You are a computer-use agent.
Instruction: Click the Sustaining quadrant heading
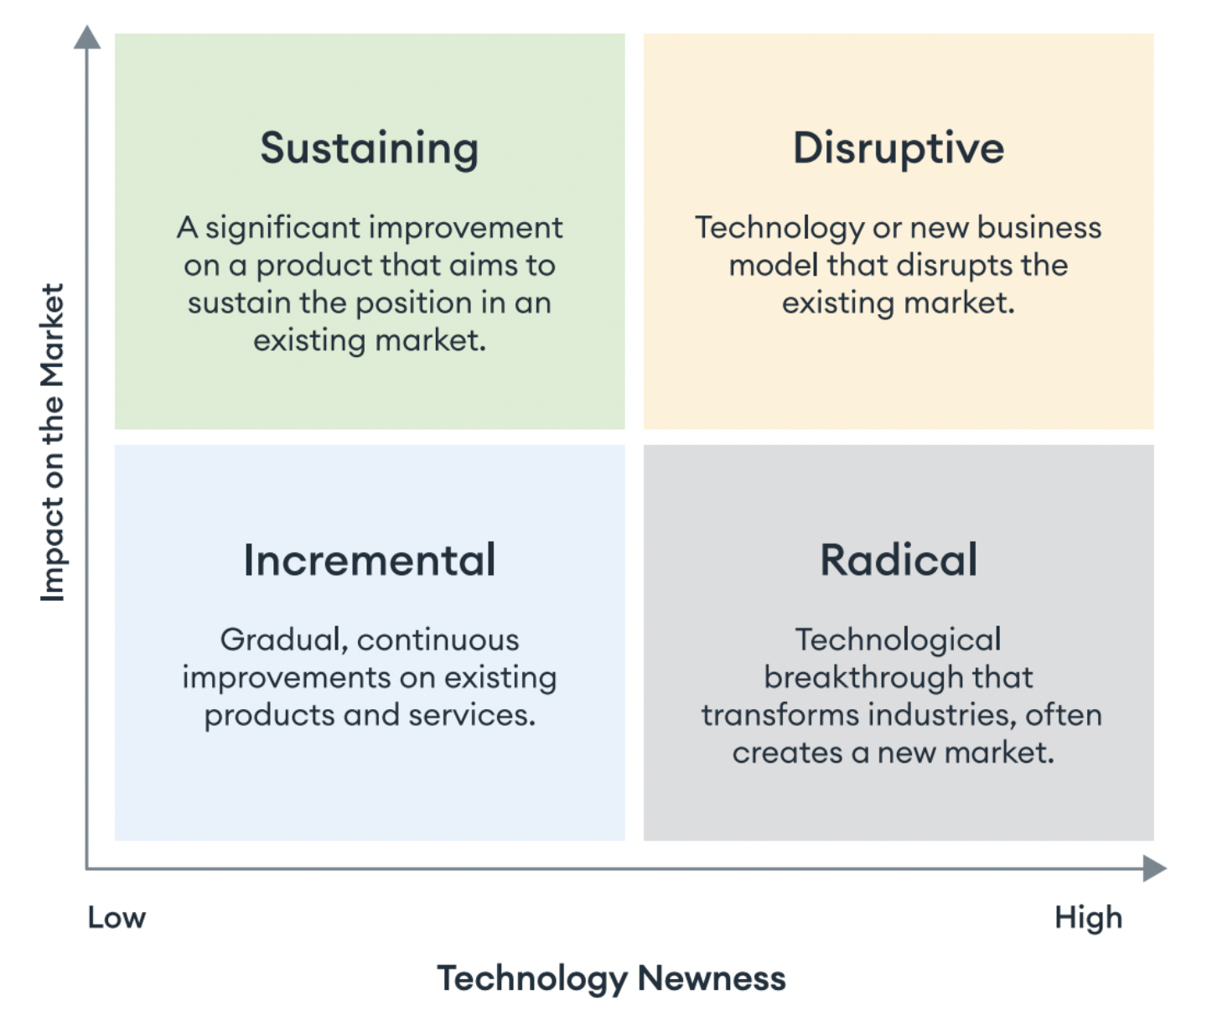369,148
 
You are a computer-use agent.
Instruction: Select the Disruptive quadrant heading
899,148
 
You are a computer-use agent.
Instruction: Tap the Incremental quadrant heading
369,560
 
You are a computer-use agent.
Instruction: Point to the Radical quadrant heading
899,560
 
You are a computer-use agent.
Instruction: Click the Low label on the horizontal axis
117,918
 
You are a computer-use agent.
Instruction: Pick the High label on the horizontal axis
1088,918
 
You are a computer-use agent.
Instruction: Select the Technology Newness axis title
611,978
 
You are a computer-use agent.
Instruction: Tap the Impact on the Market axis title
52,442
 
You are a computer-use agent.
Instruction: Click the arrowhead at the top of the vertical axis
87,38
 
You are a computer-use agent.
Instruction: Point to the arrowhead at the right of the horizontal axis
1154,868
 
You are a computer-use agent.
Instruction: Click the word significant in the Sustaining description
282,228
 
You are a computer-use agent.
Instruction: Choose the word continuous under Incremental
438,640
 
